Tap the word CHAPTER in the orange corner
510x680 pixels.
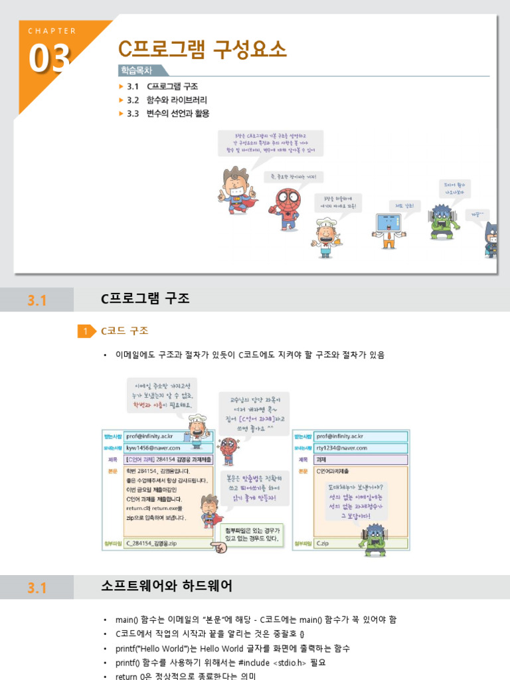[52, 31]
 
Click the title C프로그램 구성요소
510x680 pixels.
[203, 49]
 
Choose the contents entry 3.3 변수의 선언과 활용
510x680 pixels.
[168, 114]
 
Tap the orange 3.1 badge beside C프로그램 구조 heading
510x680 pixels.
[37, 300]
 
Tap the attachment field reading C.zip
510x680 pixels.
[325, 543]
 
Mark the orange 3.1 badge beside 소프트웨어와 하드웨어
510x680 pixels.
[37, 588]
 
